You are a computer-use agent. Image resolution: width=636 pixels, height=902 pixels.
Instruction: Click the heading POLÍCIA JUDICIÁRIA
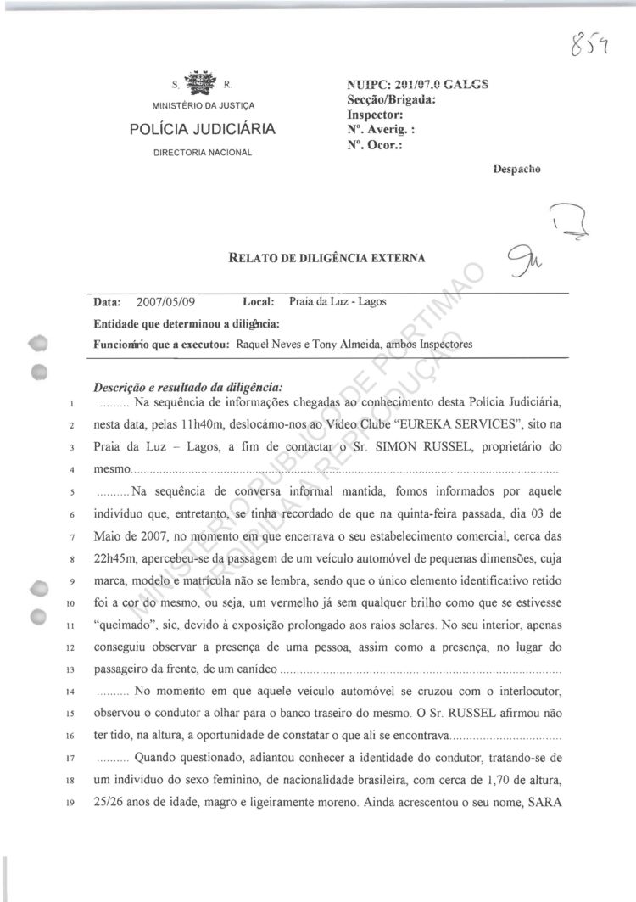point(202,131)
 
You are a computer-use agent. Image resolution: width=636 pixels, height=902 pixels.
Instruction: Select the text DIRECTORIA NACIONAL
point(202,153)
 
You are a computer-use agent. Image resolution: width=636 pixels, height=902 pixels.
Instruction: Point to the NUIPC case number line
point(418,85)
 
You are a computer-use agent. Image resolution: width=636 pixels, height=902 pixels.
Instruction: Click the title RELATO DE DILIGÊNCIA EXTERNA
point(327,257)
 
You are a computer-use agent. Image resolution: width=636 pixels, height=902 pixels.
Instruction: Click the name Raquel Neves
point(265,344)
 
